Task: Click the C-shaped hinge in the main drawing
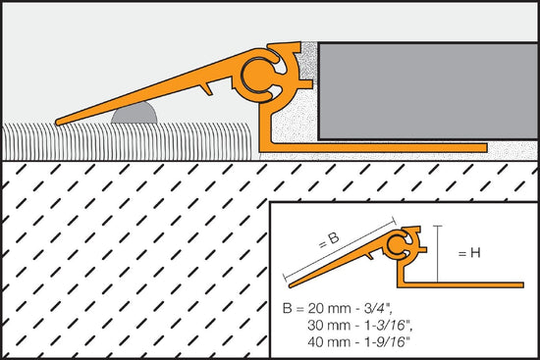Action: coord(263,75)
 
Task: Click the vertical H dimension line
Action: coord(438,252)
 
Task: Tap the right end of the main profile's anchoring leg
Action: coord(484,148)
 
